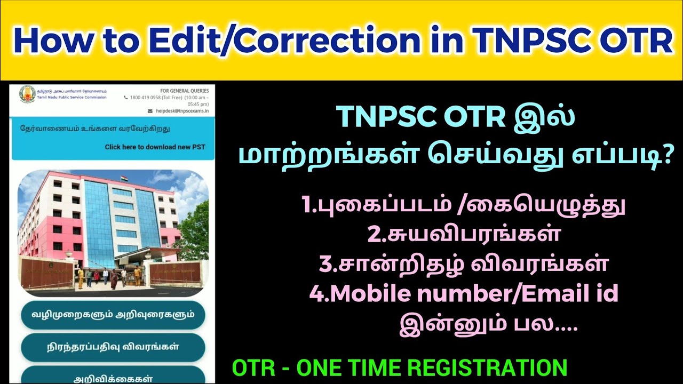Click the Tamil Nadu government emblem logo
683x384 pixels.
27,94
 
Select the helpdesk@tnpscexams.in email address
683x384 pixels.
182,111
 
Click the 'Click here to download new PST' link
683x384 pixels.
155,147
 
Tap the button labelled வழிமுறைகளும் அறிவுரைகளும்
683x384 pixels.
113,314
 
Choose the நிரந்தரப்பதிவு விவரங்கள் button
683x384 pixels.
113,347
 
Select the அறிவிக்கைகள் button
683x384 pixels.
113,377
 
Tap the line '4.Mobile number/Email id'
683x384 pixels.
464,294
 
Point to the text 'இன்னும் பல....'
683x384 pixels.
489,324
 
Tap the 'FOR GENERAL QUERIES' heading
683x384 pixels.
184,91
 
